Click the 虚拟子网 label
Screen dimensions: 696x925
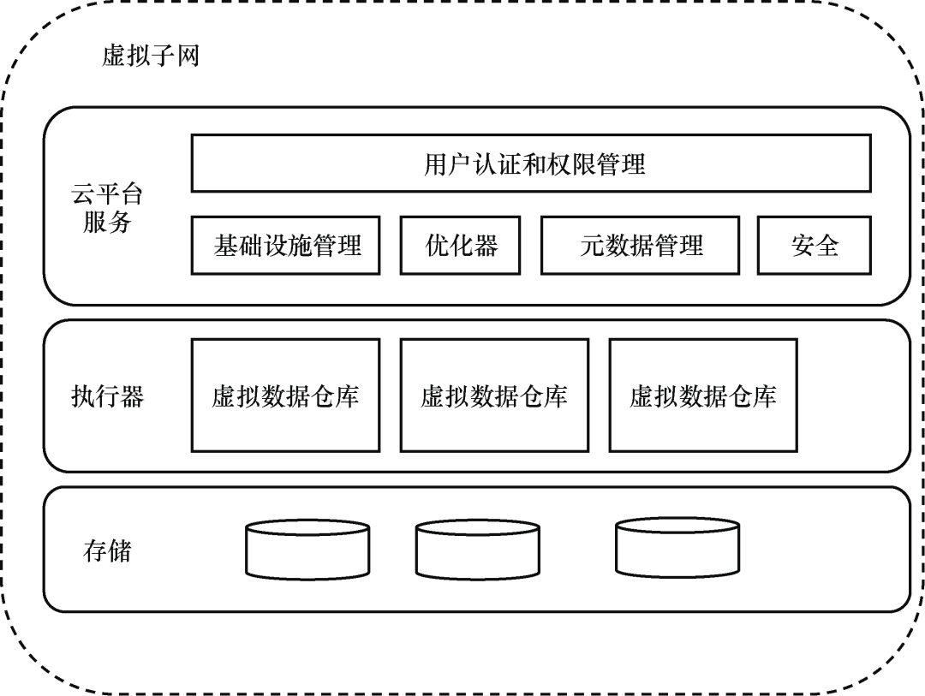(x=150, y=57)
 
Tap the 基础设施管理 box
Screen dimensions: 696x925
(x=285, y=245)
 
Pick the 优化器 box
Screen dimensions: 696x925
(x=460, y=245)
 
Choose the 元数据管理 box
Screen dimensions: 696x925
(x=641, y=245)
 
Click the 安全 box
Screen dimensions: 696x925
(x=815, y=245)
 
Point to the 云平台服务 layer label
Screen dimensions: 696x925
(x=107, y=208)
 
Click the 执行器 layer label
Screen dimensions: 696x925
(x=107, y=396)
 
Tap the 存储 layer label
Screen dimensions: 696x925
(x=107, y=550)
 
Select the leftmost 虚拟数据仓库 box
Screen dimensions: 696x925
(x=285, y=396)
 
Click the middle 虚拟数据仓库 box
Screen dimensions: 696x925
(x=494, y=396)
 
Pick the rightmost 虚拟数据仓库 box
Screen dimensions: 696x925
(x=703, y=396)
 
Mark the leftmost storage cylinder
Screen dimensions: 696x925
(x=307, y=549)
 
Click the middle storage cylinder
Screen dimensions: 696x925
(x=477, y=550)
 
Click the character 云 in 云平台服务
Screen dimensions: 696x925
(x=83, y=194)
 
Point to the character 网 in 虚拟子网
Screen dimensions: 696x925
(x=187, y=57)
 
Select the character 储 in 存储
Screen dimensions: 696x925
(x=120, y=550)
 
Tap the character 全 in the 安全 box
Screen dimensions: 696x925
(x=827, y=245)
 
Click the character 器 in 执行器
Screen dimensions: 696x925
(x=132, y=396)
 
